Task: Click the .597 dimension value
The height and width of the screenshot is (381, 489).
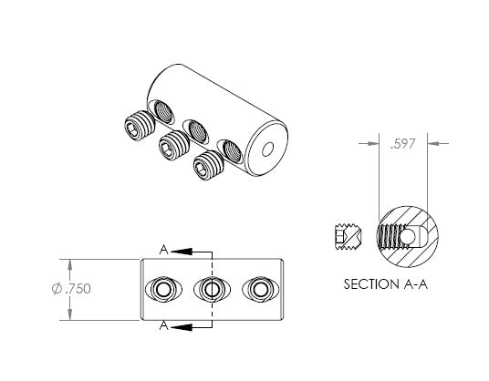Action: pyautogui.click(x=403, y=144)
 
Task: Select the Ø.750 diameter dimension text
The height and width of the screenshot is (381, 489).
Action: pyautogui.click(x=71, y=289)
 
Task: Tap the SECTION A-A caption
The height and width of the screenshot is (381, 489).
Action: pyautogui.click(x=386, y=284)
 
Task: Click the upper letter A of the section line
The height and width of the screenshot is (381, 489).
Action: pyautogui.click(x=163, y=250)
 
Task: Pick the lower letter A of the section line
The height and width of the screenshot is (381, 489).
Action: pyautogui.click(x=163, y=325)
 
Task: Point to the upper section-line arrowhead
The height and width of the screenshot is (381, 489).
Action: pyautogui.click(x=182, y=251)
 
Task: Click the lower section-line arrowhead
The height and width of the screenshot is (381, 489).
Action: pyautogui.click(x=182, y=327)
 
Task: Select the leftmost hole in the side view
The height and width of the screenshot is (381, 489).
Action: pyautogui.click(x=162, y=290)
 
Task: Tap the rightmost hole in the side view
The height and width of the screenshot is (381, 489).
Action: pyautogui.click(x=260, y=290)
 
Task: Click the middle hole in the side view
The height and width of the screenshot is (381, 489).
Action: pyautogui.click(x=212, y=290)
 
